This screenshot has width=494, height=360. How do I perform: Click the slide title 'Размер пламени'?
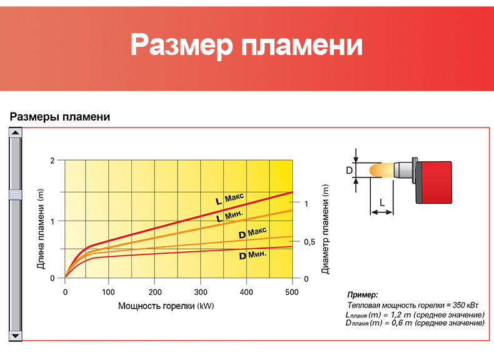246,45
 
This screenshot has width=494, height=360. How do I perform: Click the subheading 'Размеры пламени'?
60,117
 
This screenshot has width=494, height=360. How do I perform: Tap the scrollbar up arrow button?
15,132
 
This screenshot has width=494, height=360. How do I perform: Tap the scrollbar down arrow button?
15,336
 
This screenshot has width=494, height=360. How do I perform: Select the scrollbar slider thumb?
15,194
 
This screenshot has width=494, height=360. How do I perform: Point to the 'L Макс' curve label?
229,199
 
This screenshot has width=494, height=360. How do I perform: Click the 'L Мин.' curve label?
229,216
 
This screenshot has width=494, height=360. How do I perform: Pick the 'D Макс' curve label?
253,232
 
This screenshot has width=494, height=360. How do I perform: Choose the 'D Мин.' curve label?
253,255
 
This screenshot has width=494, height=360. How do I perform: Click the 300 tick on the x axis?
201,292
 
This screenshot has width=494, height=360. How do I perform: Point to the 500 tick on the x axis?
292,292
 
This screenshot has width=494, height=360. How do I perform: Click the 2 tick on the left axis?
53,161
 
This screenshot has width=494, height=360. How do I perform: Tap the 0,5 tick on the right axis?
310,242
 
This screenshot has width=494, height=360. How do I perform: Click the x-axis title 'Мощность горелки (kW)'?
166,306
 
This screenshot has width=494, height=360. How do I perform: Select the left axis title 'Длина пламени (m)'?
41,229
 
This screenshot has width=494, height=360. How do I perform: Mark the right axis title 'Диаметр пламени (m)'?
325,229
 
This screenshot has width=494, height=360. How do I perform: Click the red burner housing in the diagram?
435,182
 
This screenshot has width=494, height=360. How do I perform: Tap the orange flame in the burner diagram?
381,171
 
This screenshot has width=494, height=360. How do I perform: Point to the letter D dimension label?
350,171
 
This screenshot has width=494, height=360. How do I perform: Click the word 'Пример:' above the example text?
362,295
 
